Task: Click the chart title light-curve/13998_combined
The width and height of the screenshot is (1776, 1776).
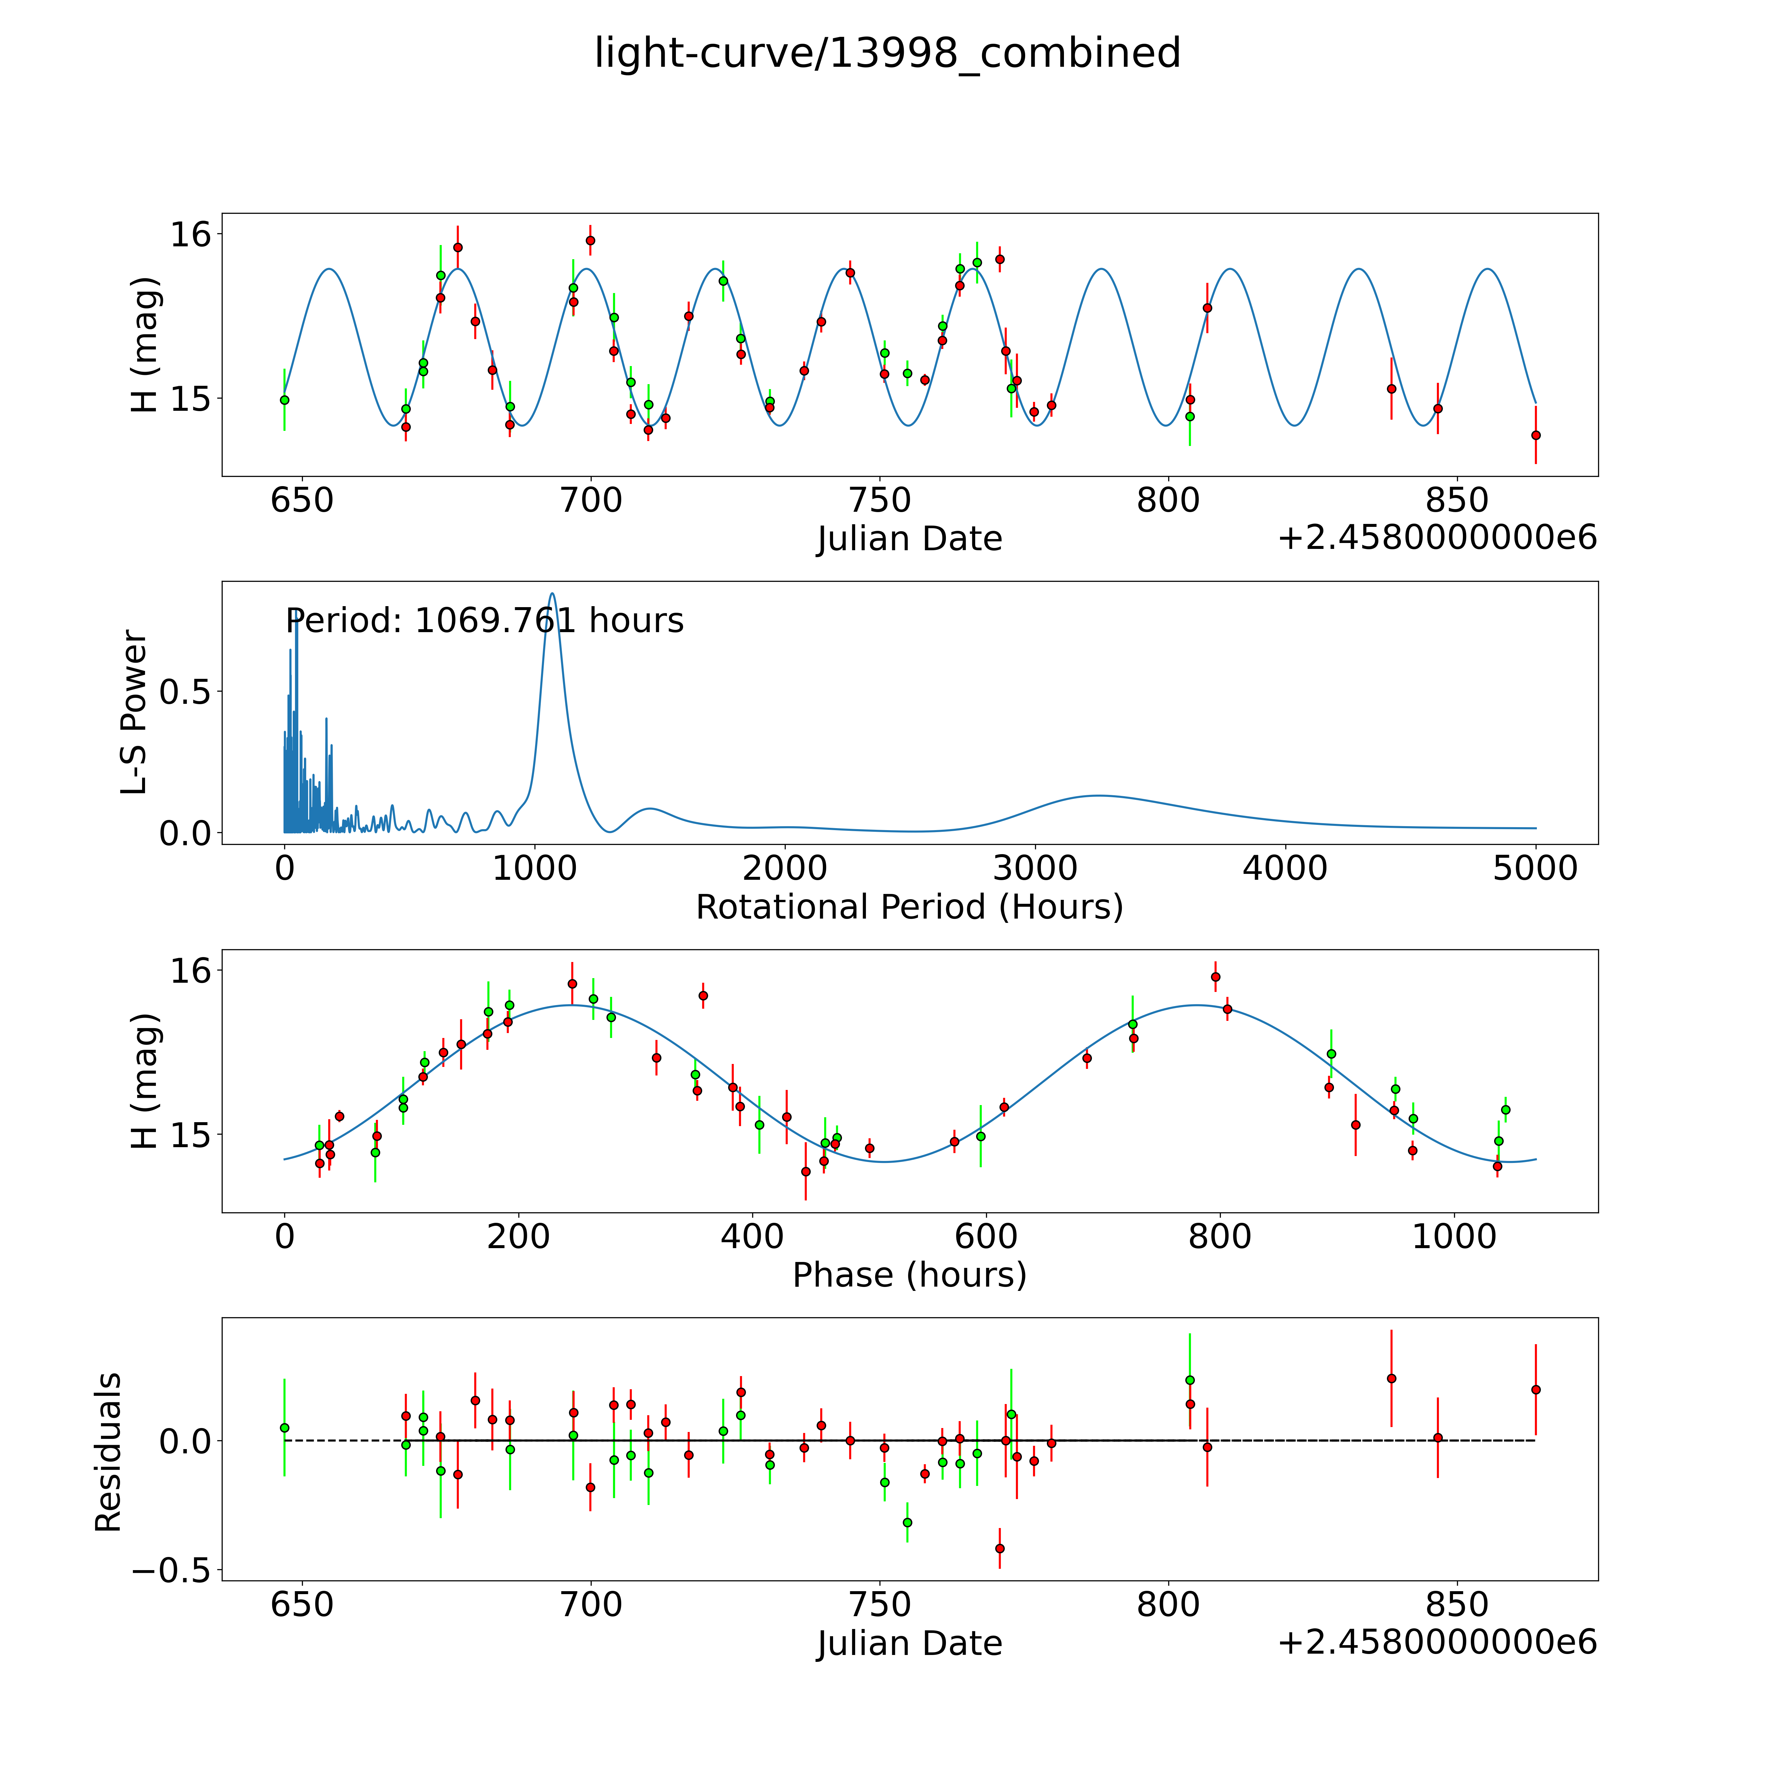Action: point(887,53)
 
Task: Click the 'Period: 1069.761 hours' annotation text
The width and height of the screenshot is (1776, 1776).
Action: point(484,621)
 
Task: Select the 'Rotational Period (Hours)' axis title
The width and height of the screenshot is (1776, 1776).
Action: point(909,907)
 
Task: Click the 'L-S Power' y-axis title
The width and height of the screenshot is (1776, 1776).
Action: point(134,712)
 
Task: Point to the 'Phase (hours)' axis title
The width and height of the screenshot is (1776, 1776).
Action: point(909,1275)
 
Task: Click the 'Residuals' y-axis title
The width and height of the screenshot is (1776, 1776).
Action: point(109,1452)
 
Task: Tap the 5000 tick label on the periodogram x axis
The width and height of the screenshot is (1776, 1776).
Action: point(1534,869)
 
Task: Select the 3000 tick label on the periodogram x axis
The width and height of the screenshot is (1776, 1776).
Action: point(1035,869)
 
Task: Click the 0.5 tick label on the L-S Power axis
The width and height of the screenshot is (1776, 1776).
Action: point(185,692)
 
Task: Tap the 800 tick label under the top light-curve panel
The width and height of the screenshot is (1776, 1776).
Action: point(1168,501)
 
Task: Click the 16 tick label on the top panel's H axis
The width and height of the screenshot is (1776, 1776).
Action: point(190,234)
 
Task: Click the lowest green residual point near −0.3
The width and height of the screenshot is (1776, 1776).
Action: point(907,1522)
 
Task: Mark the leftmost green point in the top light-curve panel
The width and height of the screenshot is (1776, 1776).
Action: point(284,400)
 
